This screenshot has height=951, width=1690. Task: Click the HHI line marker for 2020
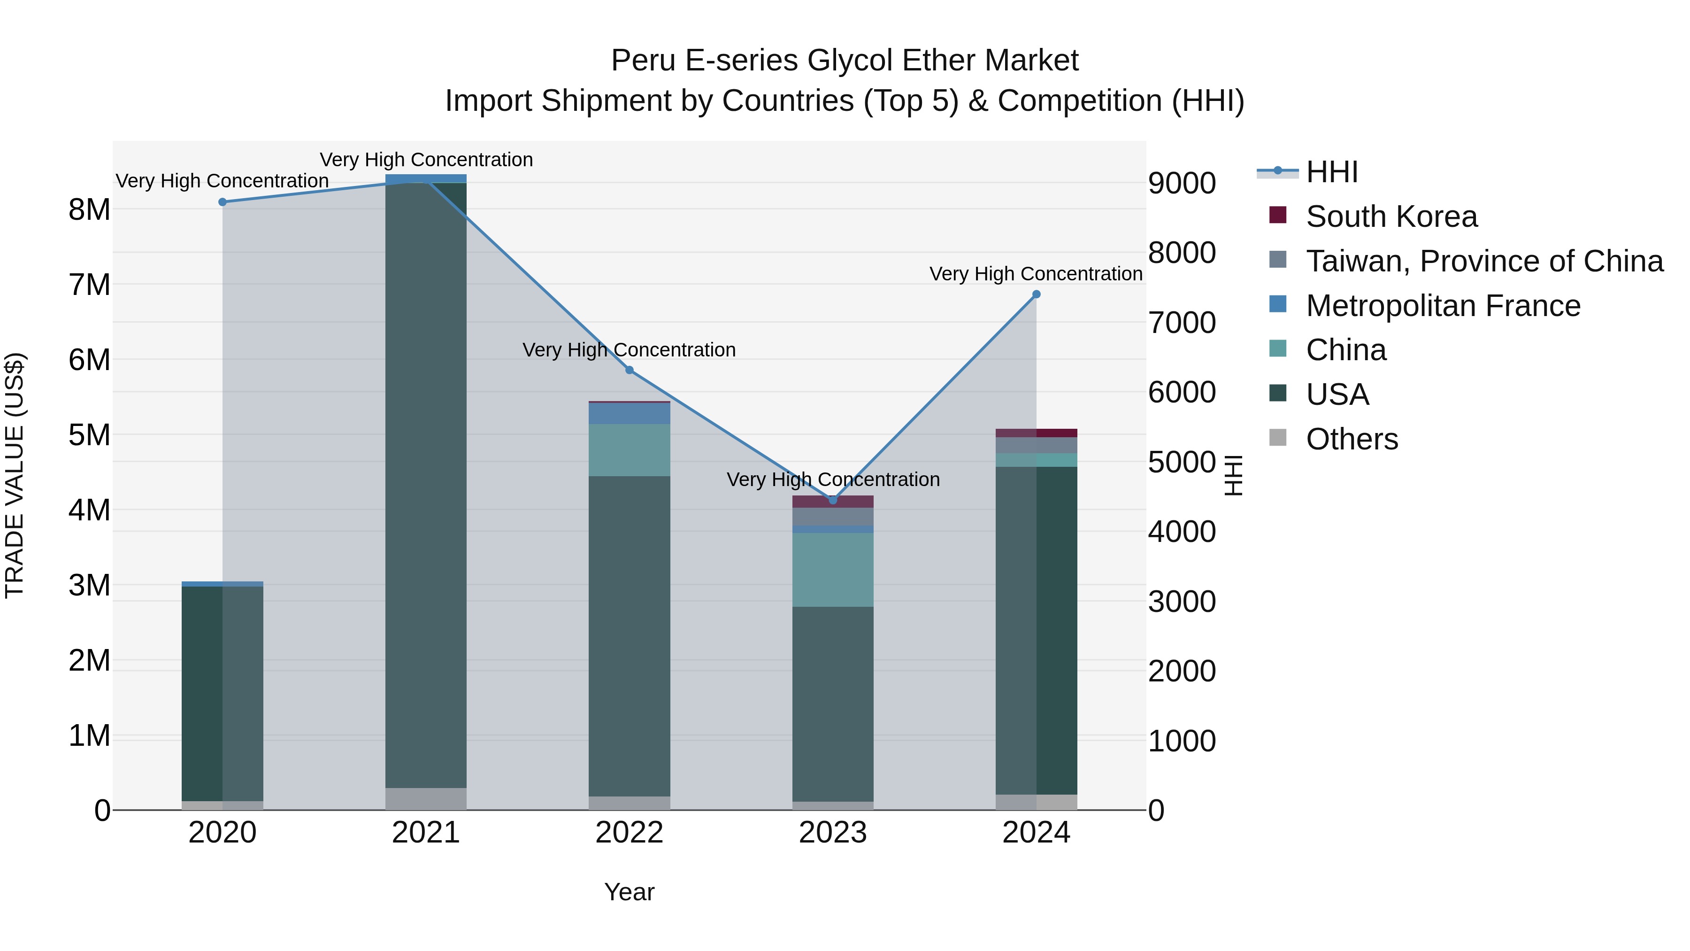click(x=223, y=202)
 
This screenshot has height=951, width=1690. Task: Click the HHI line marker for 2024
click(x=1036, y=294)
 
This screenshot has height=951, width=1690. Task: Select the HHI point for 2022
click(x=629, y=370)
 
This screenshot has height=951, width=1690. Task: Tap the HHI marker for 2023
click(x=832, y=500)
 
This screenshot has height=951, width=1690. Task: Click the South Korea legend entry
click(x=1391, y=216)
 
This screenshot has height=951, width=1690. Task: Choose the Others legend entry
click(x=1352, y=439)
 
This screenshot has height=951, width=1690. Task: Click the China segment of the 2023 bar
click(x=832, y=569)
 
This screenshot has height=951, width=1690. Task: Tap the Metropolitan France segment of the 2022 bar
click(x=629, y=413)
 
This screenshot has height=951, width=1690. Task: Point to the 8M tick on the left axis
click(x=89, y=210)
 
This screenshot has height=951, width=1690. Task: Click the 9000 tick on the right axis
click(x=1182, y=183)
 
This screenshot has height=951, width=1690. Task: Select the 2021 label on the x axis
click(x=426, y=833)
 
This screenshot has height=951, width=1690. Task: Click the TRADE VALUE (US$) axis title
click(x=15, y=475)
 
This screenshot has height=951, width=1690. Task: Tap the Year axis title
click(x=629, y=892)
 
